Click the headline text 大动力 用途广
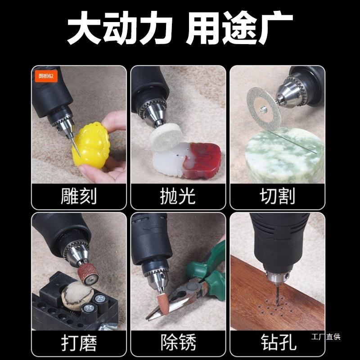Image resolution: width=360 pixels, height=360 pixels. tap(180, 28)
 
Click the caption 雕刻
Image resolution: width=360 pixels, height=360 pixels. tap(79, 196)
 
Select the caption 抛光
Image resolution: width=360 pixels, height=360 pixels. tap(178, 196)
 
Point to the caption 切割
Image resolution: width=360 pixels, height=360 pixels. tap(277, 196)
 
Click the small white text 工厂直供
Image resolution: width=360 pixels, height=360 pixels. tap(326, 337)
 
